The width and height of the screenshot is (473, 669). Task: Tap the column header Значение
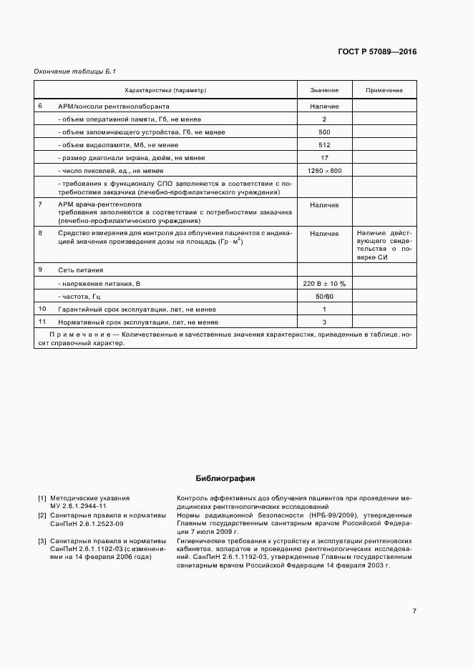pyautogui.click(x=324, y=91)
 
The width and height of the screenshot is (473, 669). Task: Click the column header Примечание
pyautogui.click(x=384, y=91)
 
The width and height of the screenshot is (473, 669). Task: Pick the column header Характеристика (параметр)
pyautogui.click(x=165, y=91)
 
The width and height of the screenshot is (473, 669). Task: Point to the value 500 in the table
pyautogui.click(x=324, y=132)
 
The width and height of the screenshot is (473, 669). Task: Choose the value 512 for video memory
pyautogui.click(x=324, y=145)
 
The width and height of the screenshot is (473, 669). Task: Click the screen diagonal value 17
pyautogui.click(x=324, y=158)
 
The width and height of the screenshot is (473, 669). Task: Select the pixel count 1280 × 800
pyautogui.click(x=324, y=171)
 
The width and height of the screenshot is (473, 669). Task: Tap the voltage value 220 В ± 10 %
pyautogui.click(x=324, y=284)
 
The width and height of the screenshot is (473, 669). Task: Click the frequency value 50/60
pyautogui.click(x=324, y=297)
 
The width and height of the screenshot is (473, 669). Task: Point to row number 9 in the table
pyautogui.click(x=41, y=269)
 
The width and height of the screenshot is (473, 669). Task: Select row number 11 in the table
pyautogui.click(x=42, y=322)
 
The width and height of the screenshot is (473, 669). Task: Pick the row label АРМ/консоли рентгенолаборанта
pyautogui.click(x=113, y=106)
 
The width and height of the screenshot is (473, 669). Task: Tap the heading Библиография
pyautogui.click(x=225, y=479)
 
